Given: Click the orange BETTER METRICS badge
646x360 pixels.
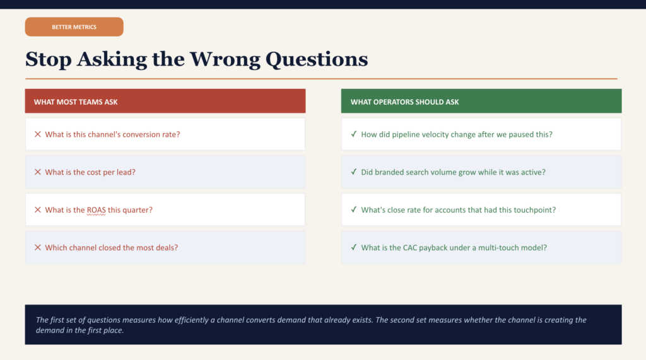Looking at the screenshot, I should coord(74,27).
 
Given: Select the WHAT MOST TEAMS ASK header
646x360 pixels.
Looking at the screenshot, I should coord(76,102).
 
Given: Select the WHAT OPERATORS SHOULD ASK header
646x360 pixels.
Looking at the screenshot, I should coord(404,102).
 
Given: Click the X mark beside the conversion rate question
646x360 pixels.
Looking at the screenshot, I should coord(38,134).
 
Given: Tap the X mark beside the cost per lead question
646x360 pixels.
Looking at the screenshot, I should coord(38,172).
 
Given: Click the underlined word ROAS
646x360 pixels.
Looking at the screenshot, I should coord(96,210).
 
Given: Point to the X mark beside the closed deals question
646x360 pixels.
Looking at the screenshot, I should coord(38,248).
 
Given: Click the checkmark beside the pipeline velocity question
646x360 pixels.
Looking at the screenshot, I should coord(354,134).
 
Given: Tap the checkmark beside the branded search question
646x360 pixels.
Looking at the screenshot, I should coord(354,172).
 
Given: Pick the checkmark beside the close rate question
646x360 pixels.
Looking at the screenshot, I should coord(354,210).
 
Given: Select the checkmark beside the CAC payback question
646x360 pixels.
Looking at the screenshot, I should coord(354,248).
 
